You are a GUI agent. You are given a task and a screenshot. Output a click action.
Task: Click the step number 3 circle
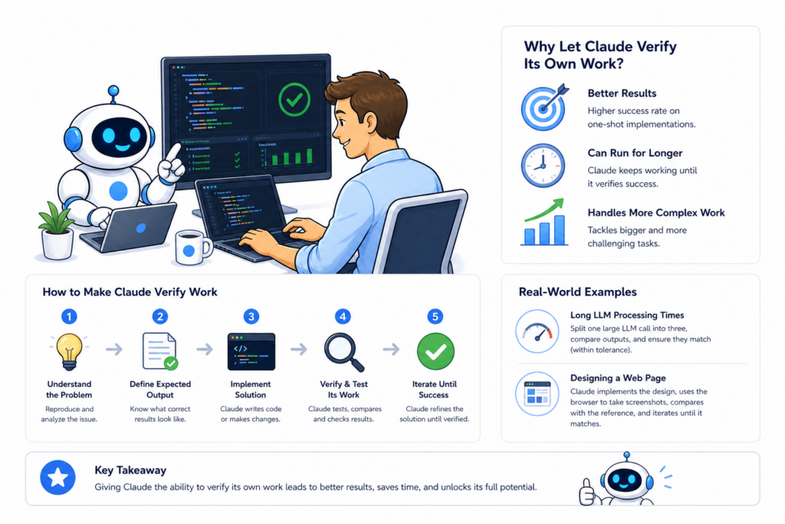tap(251, 317)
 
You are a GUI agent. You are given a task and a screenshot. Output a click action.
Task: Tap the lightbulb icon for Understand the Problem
tap(69, 351)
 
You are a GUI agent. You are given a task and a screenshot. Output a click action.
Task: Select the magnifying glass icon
tap(343, 351)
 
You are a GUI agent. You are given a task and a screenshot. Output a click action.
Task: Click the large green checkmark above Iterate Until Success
tap(435, 351)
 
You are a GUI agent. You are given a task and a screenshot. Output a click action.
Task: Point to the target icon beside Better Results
tap(544, 107)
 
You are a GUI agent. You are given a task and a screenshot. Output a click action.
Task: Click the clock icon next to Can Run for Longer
tap(543, 166)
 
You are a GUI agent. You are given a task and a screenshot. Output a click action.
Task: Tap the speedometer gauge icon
tap(537, 331)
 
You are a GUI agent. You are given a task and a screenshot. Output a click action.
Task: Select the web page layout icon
tap(537, 394)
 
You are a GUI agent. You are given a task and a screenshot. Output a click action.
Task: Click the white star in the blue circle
tap(57, 477)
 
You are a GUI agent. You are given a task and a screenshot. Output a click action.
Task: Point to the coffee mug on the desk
tap(192, 247)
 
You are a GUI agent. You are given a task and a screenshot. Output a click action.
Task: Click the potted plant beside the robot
tap(56, 231)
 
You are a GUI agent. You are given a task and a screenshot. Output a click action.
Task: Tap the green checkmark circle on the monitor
tap(294, 100)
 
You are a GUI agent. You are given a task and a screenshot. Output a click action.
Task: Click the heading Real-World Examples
tap(577, 292)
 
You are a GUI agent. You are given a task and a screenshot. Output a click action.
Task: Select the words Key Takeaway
tap(130, 470)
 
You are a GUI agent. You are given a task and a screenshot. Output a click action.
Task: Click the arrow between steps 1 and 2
tap(114, 348)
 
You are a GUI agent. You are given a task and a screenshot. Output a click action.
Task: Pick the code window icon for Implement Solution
tap(251, 351)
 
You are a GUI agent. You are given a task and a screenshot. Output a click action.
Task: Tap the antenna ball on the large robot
tap(113, 91)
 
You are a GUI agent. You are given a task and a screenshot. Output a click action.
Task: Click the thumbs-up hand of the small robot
tap(586, 492)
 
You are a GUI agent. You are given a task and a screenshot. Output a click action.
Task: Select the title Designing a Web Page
tap(618, 377)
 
